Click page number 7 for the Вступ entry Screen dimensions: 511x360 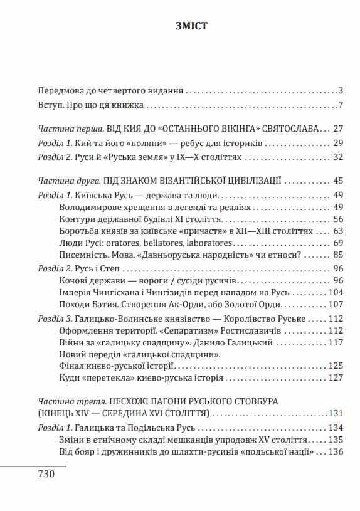(x=339, y=103)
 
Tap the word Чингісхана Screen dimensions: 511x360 (x=119, y=292)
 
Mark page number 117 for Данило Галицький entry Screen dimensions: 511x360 (x=336, y=342)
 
